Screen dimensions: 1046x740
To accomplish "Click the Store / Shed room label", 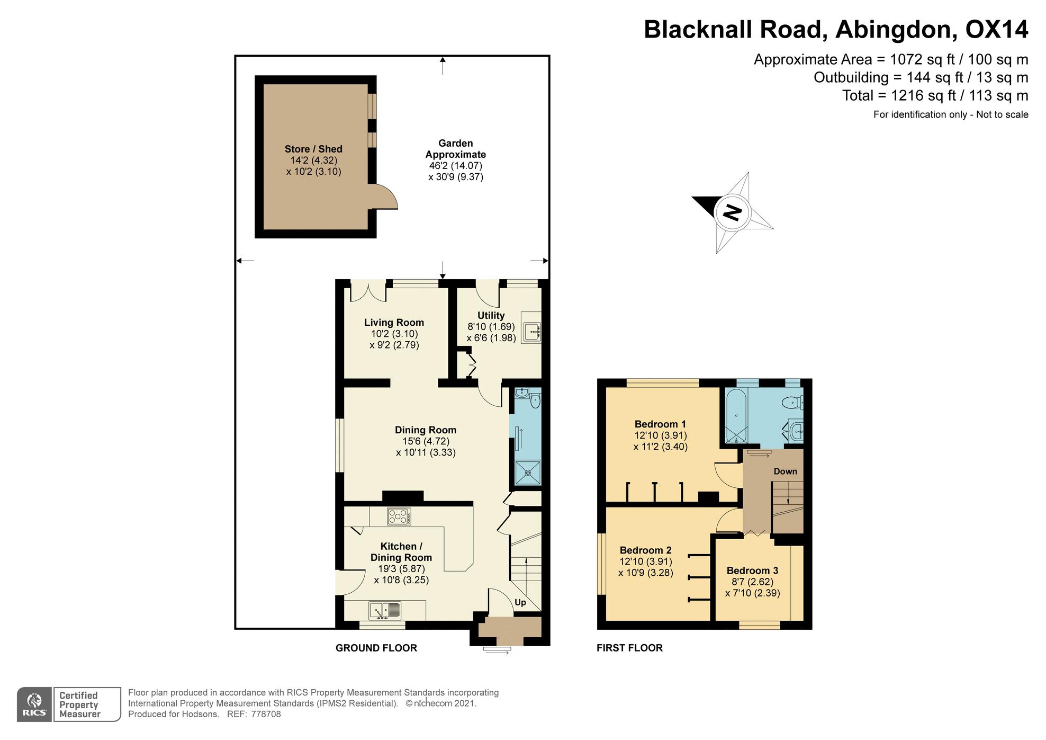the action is point(313,149).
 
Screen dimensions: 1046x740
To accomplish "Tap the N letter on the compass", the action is point(733,212).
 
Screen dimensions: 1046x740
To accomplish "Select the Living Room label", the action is point(394,323).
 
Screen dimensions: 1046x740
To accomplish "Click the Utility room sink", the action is point(531,332).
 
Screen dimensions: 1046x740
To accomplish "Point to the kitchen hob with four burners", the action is point(399,516).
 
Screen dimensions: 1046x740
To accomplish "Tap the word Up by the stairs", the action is point(520,602).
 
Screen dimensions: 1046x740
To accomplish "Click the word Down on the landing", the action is point(785,471).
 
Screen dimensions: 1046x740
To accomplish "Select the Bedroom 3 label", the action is point(752,570).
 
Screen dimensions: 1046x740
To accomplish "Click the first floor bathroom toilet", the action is point(792,403).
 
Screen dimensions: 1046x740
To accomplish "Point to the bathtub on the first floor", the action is point(736,416).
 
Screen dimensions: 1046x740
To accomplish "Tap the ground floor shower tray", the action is point(528,472).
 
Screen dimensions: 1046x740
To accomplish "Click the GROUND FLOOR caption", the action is point(376,648).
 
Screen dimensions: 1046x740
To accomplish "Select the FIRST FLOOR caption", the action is point(629,648).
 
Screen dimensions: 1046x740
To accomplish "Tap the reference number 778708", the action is point(266,714).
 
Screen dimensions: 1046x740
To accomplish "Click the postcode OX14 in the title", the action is point(996,30).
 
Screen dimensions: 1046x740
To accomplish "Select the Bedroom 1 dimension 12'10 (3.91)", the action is point(661,435).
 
